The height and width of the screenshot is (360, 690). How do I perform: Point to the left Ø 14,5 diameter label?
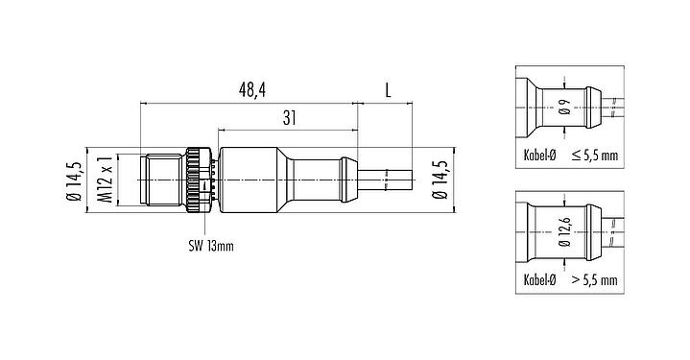pos(71,177)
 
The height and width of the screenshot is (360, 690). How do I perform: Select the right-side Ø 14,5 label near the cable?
pos(439,177)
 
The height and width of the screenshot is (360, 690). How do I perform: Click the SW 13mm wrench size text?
pos(210,246)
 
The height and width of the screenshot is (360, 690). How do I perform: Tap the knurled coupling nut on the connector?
pos(197,177)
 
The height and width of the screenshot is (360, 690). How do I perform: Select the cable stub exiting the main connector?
pos(388,177)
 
